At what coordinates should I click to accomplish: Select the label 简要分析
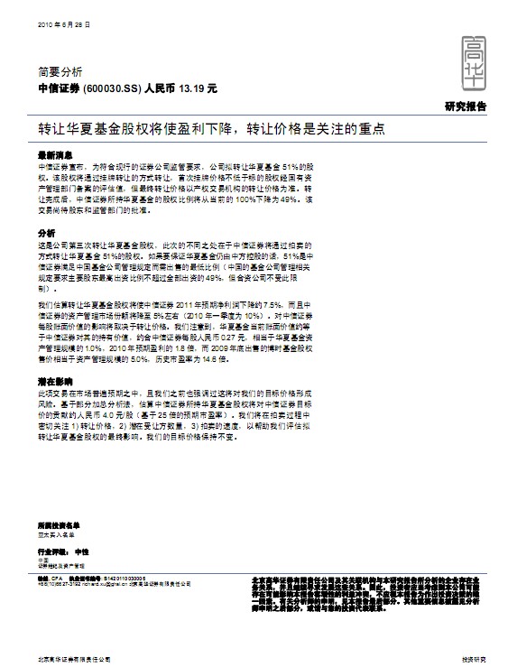[x=60, y=70]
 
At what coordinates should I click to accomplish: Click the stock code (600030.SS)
[x=113, y=89]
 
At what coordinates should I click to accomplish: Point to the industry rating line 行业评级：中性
[x=63, y=551]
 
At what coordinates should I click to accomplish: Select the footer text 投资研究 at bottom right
[x=474, y=659]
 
